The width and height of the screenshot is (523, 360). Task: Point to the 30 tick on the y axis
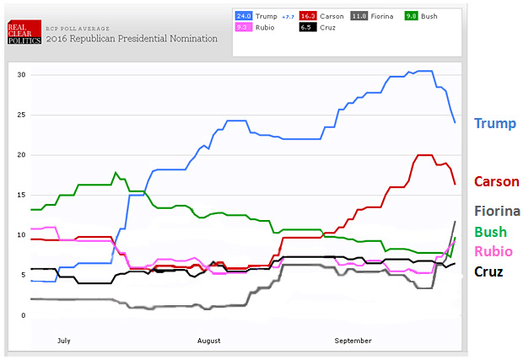point(23,75)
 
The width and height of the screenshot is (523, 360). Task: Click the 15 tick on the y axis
point(23,196)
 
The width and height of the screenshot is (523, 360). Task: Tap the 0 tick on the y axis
point(24,315)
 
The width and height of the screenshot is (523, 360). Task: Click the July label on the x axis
point(62,341)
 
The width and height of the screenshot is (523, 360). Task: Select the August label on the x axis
point(208,341)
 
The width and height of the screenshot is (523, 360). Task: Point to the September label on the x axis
point(353,341)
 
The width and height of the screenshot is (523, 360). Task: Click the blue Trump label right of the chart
point(495,123)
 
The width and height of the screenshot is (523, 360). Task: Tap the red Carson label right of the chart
point(497,181)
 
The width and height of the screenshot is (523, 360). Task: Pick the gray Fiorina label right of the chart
point(498,211)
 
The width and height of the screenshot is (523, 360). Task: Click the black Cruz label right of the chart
point(490,271)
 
